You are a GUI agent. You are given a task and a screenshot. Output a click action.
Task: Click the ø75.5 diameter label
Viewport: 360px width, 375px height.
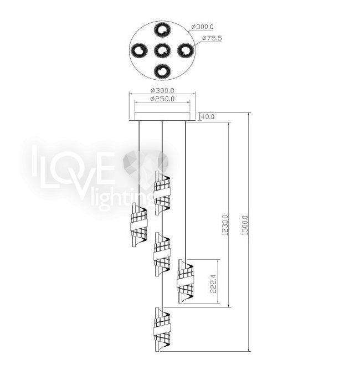tap(212, 38)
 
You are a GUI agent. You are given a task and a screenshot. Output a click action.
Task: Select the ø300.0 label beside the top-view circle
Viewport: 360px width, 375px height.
tap(202, 27)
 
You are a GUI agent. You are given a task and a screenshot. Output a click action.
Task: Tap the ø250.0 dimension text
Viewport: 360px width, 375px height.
tap(162, 99)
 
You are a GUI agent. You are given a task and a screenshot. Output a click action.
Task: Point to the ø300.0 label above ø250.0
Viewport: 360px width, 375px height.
tap(162, 91)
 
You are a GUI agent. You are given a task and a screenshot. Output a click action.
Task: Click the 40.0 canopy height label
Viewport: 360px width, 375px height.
tap(207, 117)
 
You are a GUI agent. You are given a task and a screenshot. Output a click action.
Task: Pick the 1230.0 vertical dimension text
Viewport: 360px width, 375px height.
tap(225, 225)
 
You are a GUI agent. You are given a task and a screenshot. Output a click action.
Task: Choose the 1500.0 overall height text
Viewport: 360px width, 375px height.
tap(245, 225)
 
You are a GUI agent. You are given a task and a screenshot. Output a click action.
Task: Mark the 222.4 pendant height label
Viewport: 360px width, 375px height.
tap(213, 284)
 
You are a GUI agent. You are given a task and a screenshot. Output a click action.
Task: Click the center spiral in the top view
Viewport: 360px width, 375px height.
tap(162, 50)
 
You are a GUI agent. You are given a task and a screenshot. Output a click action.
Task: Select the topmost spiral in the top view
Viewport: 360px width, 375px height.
tap(162, 30)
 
